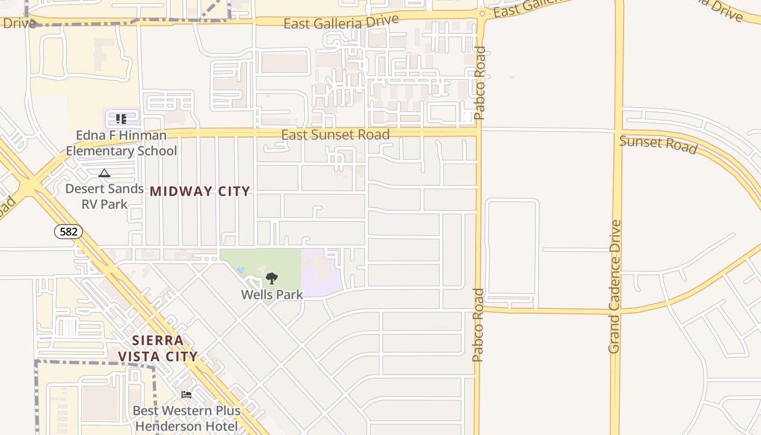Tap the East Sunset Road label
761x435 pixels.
tap(335, 134)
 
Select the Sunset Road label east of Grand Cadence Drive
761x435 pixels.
tap(658, 144)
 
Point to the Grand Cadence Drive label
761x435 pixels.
tap(615, 287)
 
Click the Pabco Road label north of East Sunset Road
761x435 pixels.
tap(479, 83)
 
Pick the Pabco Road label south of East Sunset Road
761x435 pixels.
tap(478, 325)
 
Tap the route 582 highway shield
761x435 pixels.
tap(68, 232)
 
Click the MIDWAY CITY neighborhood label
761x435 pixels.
tap(199, 191)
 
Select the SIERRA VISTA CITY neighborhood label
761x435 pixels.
tap(158, 349)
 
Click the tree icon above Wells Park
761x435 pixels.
tap(271, 279)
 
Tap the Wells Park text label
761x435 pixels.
tap(272, 295)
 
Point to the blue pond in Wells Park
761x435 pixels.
tap(241, 269)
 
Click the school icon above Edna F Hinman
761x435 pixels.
tap(121, 119)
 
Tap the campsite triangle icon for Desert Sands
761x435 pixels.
tap(104, 173)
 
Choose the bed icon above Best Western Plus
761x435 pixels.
tap(186, 395)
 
